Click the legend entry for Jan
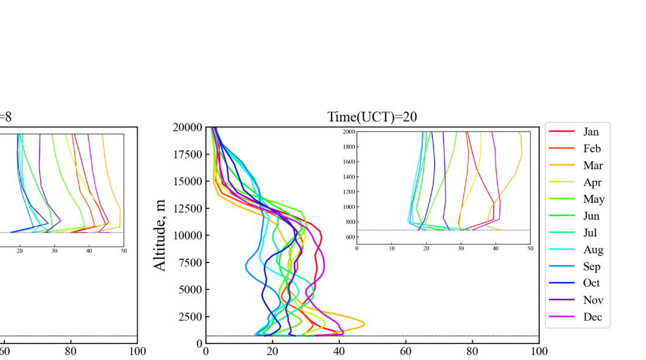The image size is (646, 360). click(x=591, y=132)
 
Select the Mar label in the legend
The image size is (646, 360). click(x=592, y=166)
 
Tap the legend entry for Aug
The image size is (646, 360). click(x=593, y=250)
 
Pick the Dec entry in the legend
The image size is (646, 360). click(x=592, y=317)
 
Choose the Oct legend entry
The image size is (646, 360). click(x=591, y=283)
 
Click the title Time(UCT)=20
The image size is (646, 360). click(x=372, y=117)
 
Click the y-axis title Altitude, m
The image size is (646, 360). click(x=160, y=235)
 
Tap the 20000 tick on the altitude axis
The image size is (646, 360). click(x=186, y=127)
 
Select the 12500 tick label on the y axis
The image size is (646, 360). click(x=186, y=208)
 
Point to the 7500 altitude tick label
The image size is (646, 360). click(x=188, y=263)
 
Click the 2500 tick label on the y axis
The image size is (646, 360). click(x=188, y=317)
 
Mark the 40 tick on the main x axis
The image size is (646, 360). click(x=339, y=351)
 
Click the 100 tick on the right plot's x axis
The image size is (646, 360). click(x=539, y=351)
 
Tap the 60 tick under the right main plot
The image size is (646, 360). click(x=406, y=351)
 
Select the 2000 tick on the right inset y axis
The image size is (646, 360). click(x=349, y=132)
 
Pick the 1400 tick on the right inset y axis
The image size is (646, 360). click(x=349, y=177)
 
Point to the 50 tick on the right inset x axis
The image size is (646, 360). click(x=530, y=249)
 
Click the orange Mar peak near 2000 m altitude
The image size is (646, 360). click(x=364, y=323)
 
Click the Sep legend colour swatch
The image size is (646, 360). click(x=562, y=267)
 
